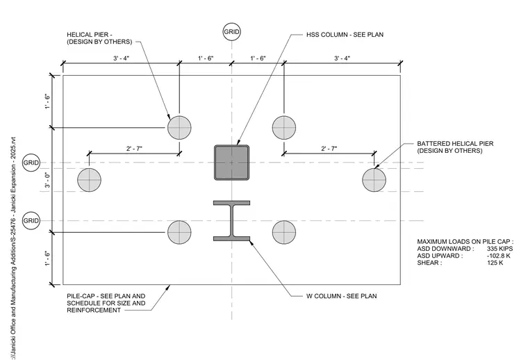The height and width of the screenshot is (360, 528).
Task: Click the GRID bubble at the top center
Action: (231, 32)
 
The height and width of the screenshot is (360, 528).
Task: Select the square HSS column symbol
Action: (231, 163)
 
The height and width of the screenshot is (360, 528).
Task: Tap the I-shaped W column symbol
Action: (231, 220)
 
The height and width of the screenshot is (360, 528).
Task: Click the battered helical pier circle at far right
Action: (374, 180)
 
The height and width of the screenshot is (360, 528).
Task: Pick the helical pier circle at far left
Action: (89, 180)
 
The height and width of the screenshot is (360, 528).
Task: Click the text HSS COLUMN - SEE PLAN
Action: (345, 35)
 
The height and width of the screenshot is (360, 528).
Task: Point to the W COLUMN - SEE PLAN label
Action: (341, 296)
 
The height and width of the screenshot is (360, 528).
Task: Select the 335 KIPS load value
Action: (500, 249)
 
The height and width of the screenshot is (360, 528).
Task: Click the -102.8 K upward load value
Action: (498, 256)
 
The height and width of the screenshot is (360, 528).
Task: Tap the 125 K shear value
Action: (495, 263)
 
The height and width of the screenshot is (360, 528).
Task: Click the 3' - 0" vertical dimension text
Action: (48, 180)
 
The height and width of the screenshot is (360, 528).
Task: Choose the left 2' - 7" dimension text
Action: (134, 148)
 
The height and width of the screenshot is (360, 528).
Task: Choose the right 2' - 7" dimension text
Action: (329, 148)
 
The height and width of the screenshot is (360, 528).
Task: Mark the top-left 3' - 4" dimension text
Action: (121, 58)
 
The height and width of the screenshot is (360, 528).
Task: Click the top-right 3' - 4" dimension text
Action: (342, 58)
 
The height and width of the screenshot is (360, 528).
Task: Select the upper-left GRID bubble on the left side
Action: (31, 163)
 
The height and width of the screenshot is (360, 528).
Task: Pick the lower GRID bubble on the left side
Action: (31, 220)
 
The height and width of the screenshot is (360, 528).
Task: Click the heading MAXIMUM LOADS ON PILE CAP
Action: (465, 241)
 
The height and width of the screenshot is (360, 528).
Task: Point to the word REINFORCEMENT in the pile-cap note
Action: (94, 310)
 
